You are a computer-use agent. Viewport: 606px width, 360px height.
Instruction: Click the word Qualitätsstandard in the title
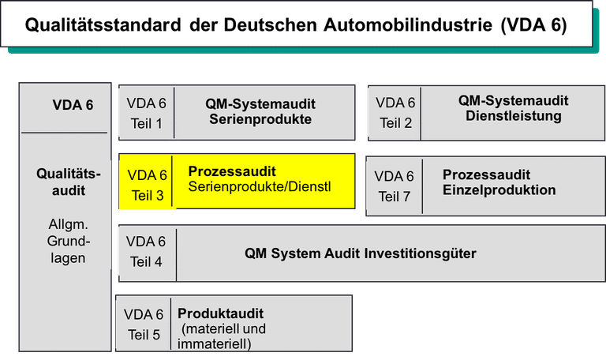pyautogui.click(x=103, y=25)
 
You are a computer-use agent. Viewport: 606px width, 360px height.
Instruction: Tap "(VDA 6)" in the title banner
pyautogui.click(x=533, y=25)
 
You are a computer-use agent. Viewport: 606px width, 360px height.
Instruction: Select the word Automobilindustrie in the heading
pyautogui.click(x=408, y=24)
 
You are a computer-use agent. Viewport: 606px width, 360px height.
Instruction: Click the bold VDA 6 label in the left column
pyautogui.click(x=73, y=105)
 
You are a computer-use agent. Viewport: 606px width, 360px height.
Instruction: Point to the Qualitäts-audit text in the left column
pyautogui.click(x=69, y=182)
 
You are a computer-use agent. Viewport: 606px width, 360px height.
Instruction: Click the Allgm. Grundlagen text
pyautogui.click(x=68, y=241)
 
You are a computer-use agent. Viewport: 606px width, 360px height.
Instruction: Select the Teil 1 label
pyautogui.click(x=146, y=124)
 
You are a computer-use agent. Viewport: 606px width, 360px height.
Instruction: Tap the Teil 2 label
pyautogui.click(x=396, y=123)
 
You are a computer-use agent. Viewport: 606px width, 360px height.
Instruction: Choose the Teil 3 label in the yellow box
pyautogui.click(x=148, y=195)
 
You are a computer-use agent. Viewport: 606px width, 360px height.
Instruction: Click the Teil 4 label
pyautogui.click(x=146, y=262)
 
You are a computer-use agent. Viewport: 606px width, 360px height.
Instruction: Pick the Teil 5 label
pyautogui.click(x=144, y=335)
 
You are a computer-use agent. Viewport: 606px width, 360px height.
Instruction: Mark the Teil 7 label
pyautogui.click(x=394, y=197)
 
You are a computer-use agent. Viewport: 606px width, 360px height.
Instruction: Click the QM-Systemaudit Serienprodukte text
pyautogui.click(x=260, y=111)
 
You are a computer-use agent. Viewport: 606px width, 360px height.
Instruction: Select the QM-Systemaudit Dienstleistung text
pyautogui.click(x=513, y=108)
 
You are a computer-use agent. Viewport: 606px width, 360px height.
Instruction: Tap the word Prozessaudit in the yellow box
pyautogui.click(x=232, y=171)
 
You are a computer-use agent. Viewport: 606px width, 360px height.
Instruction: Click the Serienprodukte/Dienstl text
pyautogui.click(x=260, y=187)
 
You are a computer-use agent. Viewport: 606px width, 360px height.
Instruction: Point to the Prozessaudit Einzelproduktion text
pyautogui.click(x=499, y=182)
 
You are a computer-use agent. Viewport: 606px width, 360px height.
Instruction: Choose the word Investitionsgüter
pyautogui.click(x=420, y=253)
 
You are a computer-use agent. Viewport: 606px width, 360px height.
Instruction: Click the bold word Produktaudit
pyautogui.click(x=220, y=313)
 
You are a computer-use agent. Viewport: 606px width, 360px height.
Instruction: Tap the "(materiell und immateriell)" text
pyautogui.click(x=222, y=336)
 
